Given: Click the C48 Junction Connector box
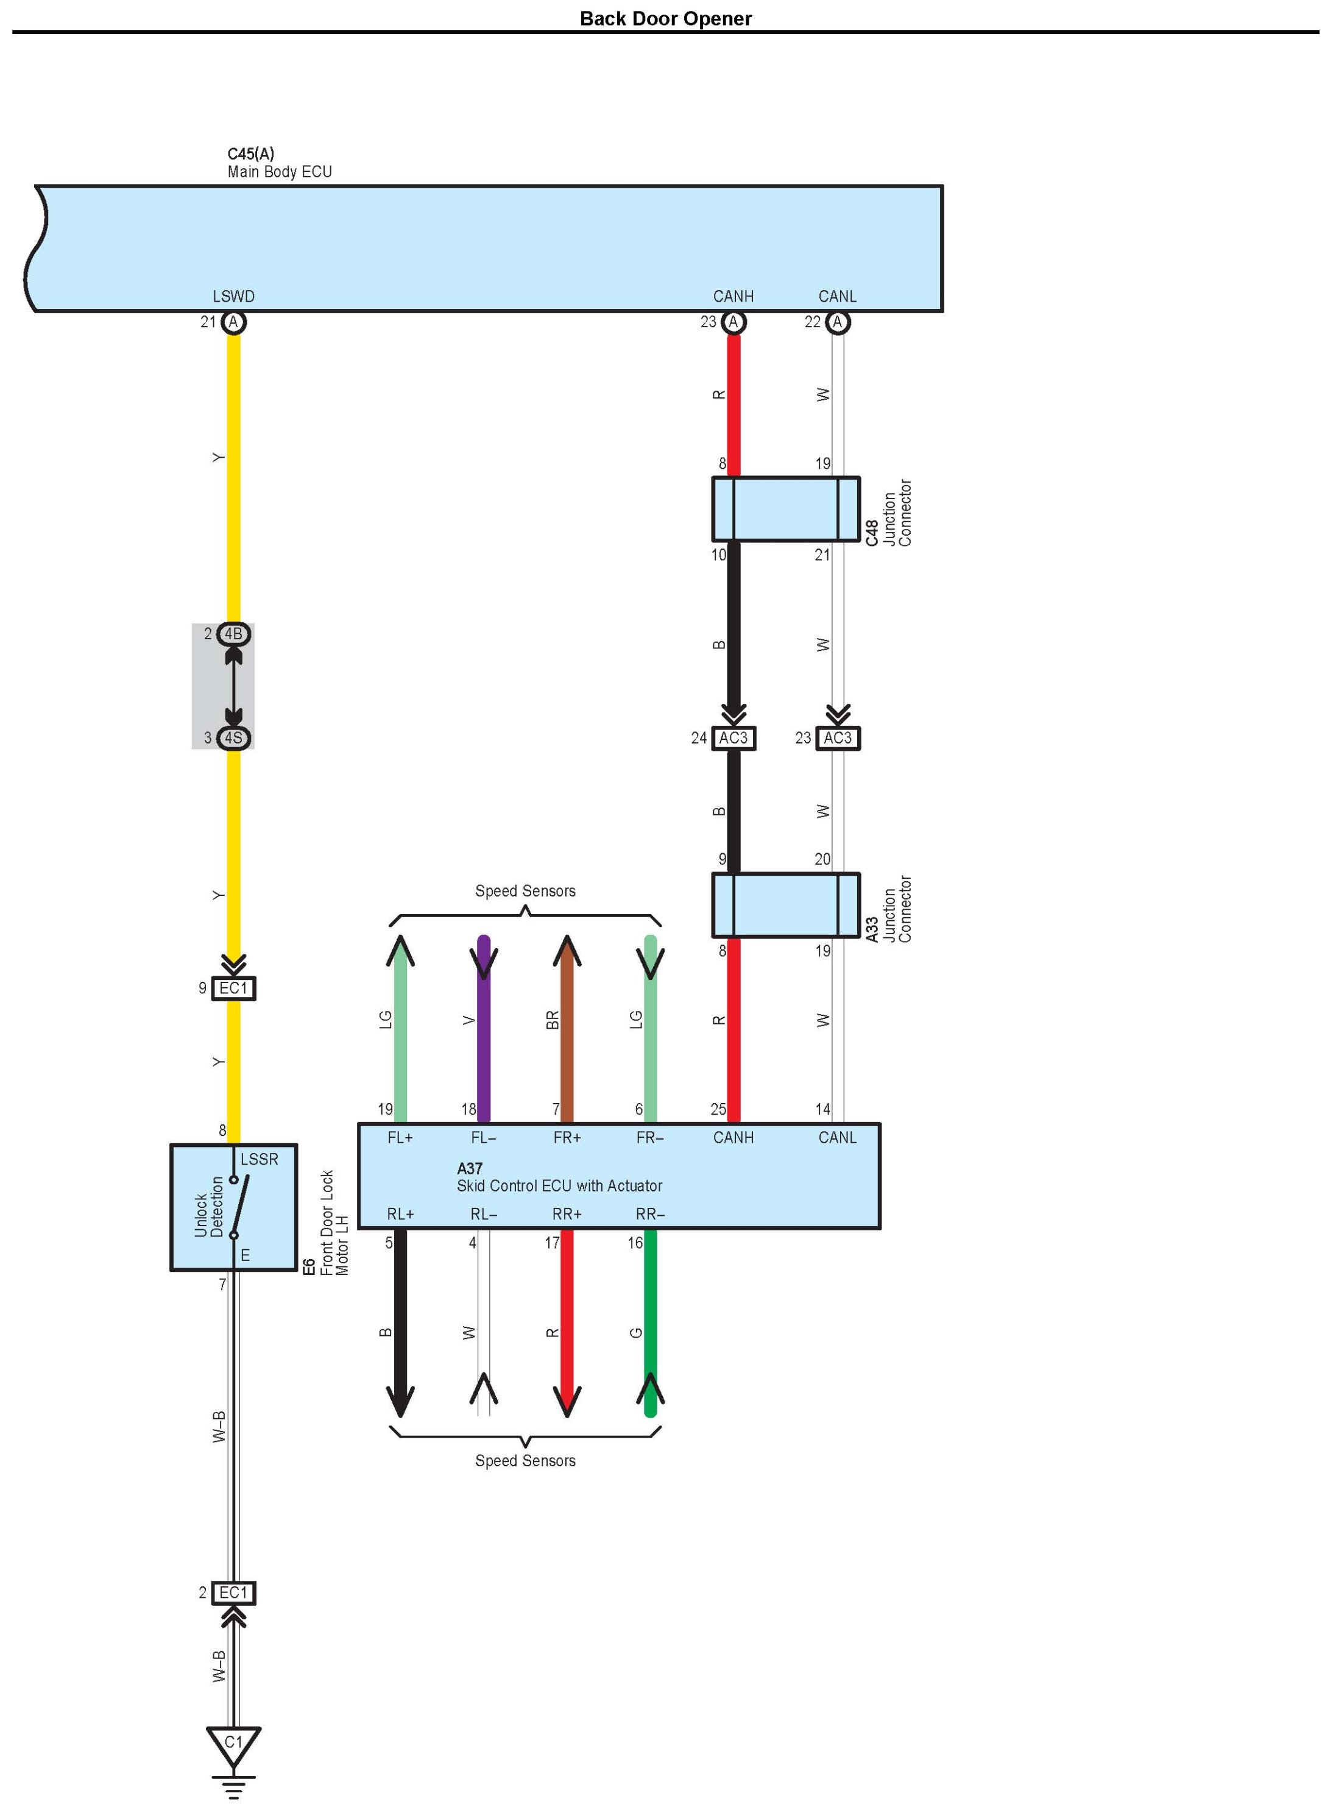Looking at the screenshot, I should pos(785,509).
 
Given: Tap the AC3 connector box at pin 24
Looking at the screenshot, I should pos(733,738).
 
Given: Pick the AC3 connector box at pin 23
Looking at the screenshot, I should pos(837,738).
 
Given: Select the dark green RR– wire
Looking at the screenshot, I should pos(650,1327).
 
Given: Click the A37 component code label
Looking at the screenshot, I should pos(469,1168).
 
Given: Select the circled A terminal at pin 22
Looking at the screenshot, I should pos(837,322).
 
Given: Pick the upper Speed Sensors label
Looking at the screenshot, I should pos(525,891).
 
